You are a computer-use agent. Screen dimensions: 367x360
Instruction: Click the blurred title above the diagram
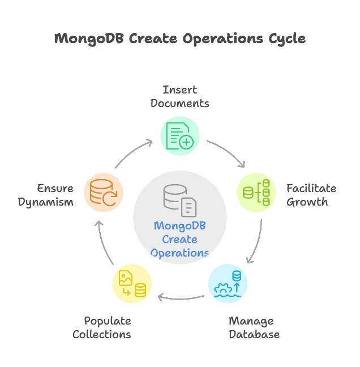click(x=180, y=39)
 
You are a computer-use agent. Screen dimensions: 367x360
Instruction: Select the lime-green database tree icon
click(x=256, y=192)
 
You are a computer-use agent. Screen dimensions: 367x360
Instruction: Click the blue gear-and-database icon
click(x=229, y=284)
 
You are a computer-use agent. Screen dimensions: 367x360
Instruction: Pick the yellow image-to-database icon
click(x=132, y=284)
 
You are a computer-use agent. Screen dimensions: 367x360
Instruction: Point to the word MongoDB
click(x=179, y=226)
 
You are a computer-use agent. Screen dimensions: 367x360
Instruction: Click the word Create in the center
click(x=179, y=240)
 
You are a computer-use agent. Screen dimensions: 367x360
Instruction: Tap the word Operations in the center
click(x=179, y=253)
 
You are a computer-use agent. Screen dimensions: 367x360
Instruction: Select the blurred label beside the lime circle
click(x=311, y=195)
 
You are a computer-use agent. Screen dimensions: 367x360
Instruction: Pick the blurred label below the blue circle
click(x=253, y=328)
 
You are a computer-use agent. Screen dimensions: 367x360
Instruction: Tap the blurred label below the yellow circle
click(x=102, y=327)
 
